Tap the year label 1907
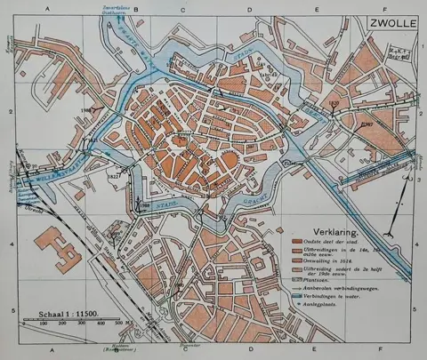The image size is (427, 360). [x=367, y=124]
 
